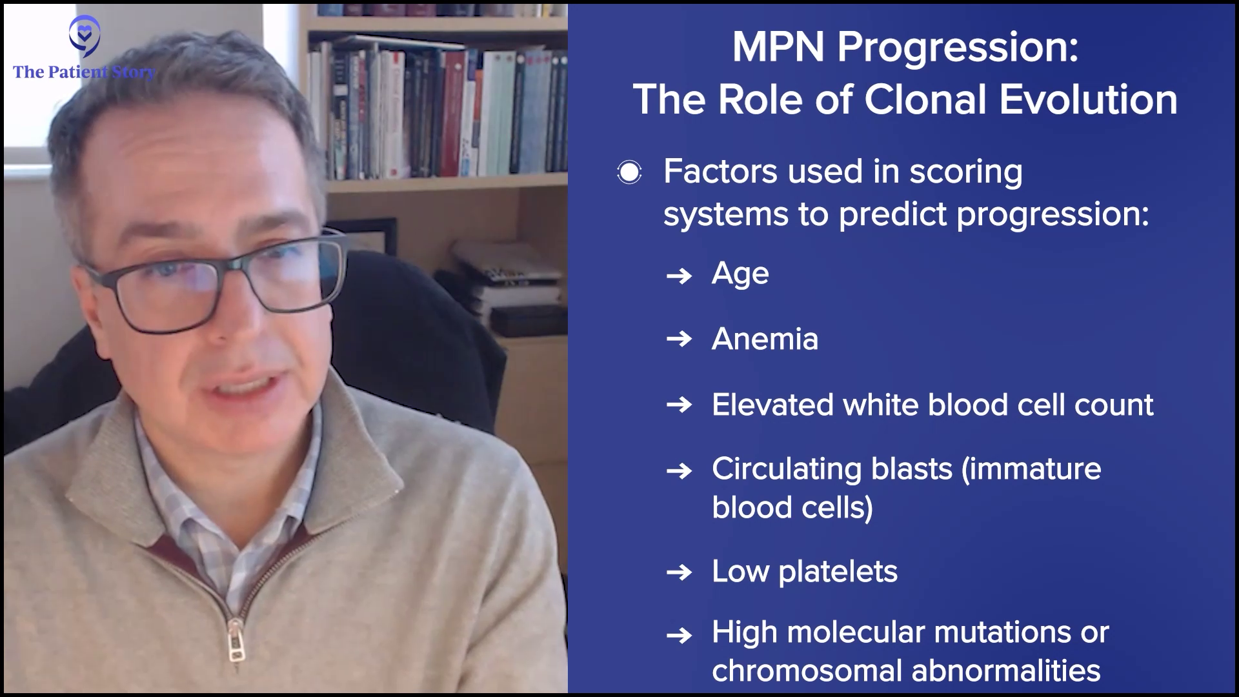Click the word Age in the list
pyautogui.click(x=740, y=274)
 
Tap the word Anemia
pyautogui.click(x=765, y=339)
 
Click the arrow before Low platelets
pyautogui.click(x=679, y=572)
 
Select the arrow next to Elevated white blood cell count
pyautogui.click(x=679, y=405)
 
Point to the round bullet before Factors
pyautogui.click(x=629, y=172)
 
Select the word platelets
pyautogui.click(x=838, y=572)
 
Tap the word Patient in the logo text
pyautogui.click(x=76, y=72)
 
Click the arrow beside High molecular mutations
pyautogui.click(x=679, y=636)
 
